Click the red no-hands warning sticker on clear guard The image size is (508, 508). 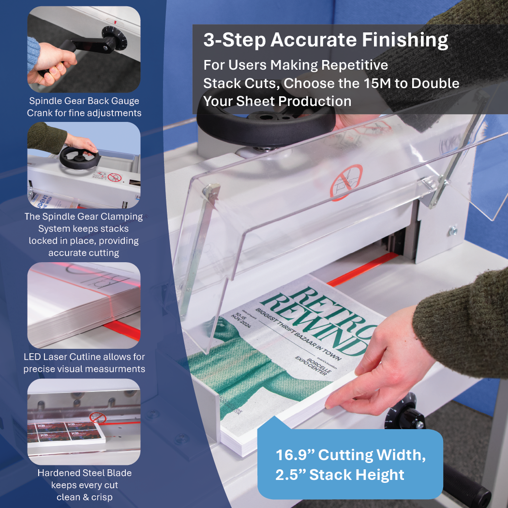click(x=345, y=182)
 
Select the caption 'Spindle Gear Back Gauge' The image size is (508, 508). click(x=84, y=101)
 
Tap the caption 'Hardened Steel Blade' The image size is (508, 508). click(x=84, y=473)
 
